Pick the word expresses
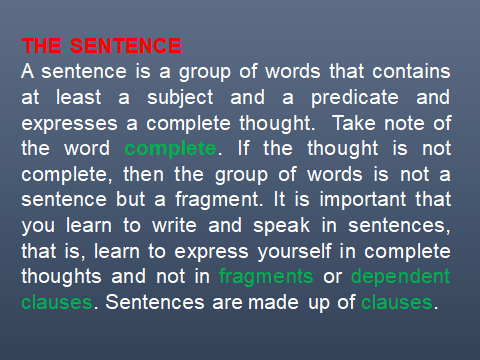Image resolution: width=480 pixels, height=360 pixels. [x=68, y=124]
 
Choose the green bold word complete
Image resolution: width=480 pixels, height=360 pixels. [x=170, y=150]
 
